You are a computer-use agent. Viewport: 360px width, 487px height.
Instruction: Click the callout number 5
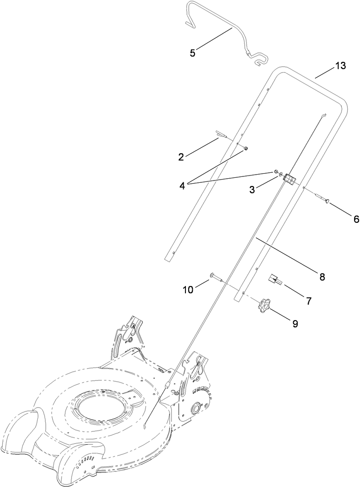tap(193, 53)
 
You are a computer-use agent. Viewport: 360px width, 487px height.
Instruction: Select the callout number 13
tap(340, 66)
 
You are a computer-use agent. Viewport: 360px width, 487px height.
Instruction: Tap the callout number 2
tap(181, 157)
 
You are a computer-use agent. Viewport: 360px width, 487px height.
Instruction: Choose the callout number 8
tap(322, 276)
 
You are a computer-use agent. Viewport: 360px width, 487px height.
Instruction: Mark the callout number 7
tap(308, 301)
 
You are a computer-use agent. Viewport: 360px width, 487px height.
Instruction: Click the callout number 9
tap(295, 324)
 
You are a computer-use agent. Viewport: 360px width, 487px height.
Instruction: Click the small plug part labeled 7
tap(275, 280)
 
